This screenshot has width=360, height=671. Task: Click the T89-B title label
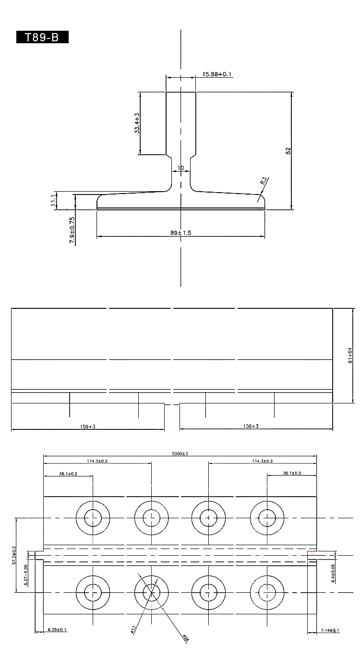(42, 37)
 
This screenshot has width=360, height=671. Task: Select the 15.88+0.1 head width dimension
(217, 74)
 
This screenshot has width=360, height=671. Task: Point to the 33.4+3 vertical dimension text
(137, 123)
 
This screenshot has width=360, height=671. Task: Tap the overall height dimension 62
(288, 150)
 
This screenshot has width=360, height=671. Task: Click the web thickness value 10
(180, 168)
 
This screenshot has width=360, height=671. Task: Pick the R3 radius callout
(263, 181)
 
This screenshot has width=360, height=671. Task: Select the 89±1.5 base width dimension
(181, 232)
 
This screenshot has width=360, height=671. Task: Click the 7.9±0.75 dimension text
(72, 231)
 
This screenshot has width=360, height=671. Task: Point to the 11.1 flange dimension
(53, 200)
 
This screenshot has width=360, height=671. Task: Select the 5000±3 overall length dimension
(180, 453)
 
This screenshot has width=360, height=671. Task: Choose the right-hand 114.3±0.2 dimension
(262, 461)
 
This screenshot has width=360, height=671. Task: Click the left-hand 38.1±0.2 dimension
(68, 474)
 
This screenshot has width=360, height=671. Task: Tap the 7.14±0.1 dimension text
(330, 630)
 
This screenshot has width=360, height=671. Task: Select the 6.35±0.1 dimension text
(57, 630)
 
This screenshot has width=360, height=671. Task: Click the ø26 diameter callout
(185, 638)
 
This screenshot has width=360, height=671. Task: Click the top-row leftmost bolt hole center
(93, 518)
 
